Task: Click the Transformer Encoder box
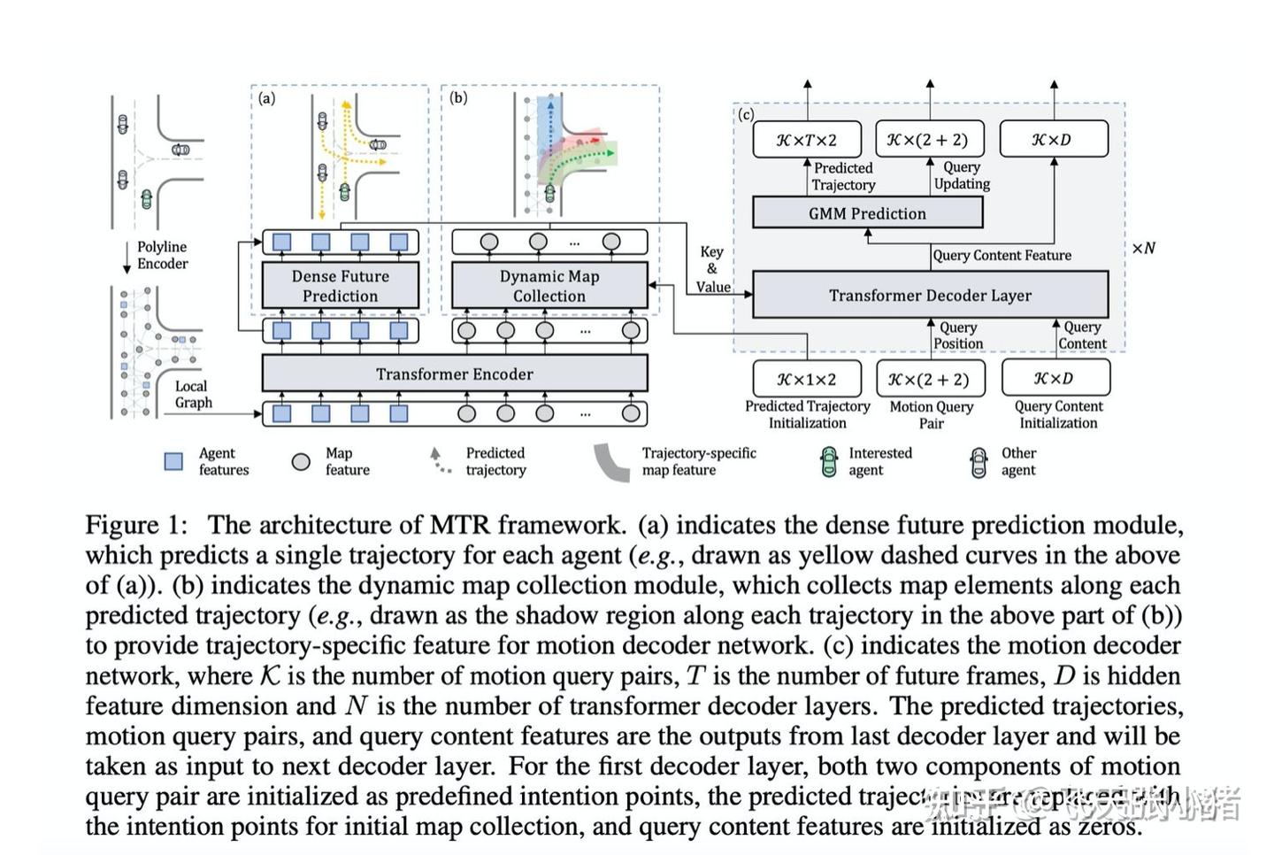454,374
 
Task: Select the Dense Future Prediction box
340,286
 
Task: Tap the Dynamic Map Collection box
549,286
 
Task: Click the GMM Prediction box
866,213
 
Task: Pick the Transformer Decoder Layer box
929,295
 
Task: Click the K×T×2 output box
806,140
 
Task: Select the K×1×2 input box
806,379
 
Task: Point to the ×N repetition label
1143,248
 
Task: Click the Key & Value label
712,269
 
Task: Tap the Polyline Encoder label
162,255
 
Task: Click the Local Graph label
193,394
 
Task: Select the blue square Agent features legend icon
174,461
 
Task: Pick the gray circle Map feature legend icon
301,461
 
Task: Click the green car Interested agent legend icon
828,461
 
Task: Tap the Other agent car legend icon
978,461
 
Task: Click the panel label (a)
266,98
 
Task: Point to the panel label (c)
746,114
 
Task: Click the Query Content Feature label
1002,255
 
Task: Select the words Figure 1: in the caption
136,525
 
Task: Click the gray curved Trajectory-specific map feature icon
610,461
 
